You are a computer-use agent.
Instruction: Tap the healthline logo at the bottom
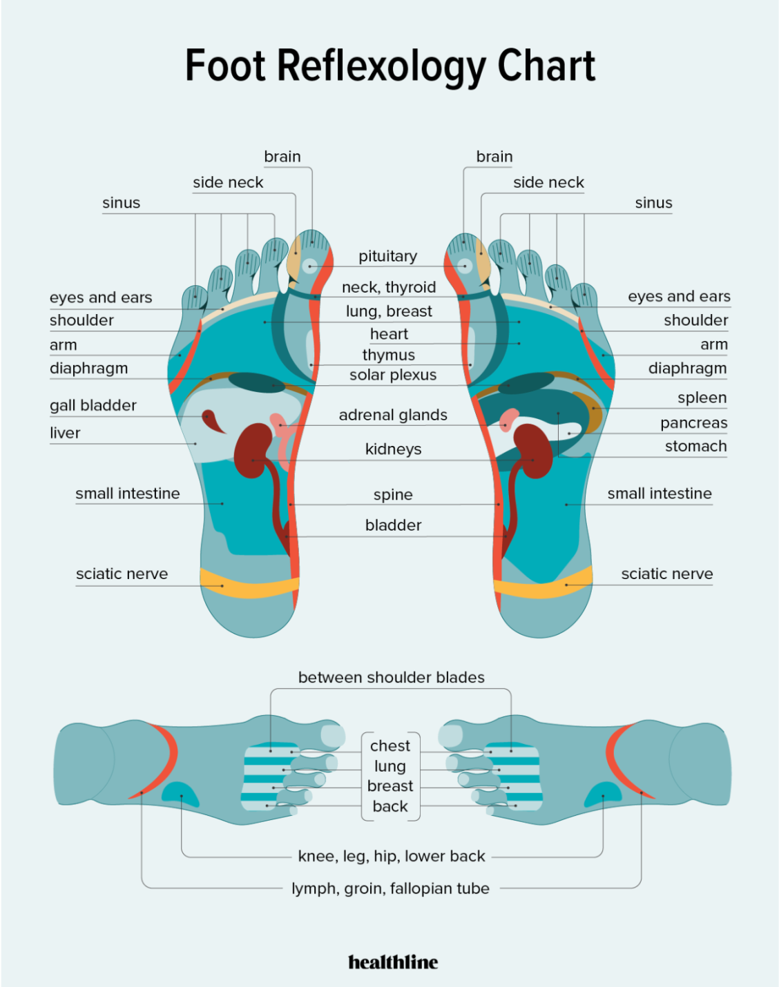tap(393, 961)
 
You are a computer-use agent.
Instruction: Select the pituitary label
tap(388, 256)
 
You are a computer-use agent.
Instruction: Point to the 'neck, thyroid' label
tap(389, 287)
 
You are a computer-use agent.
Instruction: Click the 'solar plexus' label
tap(393, 375)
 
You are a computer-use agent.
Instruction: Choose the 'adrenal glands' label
tap(393, 415)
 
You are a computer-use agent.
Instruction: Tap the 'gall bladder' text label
tap(93, 405)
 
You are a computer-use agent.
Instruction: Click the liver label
tap(65, 433)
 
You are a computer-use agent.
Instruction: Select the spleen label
tap(702, 398)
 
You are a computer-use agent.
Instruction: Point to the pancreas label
tap(693, 423)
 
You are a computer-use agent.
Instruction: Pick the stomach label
tap(696, 446)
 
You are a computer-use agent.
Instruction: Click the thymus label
tap(388, 355)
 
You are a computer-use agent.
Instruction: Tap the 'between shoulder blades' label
tap(391, 677)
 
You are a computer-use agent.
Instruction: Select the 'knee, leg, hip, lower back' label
tap(392, 857)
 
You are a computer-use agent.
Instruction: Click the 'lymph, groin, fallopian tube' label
tap(391, 888)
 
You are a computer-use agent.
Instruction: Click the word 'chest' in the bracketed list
tap(390, 746)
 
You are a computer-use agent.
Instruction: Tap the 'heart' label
tap(389, 334)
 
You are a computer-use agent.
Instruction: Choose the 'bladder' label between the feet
tap(394, 525)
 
